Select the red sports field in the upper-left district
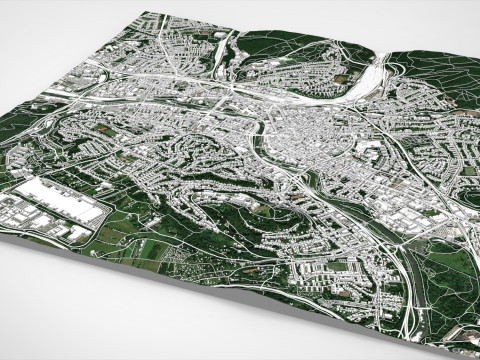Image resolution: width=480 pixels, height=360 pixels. coord(101,129)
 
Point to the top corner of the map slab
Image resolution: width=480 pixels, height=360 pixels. coord(147,13)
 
